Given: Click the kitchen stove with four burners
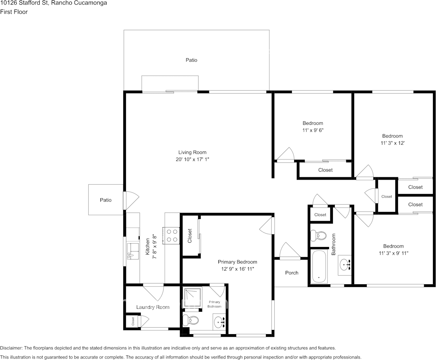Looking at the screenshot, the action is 171,236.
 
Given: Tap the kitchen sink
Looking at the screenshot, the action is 133,251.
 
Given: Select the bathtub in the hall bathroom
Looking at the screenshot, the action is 319,266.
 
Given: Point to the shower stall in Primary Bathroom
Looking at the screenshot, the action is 193,296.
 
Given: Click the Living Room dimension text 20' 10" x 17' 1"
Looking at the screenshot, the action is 192,159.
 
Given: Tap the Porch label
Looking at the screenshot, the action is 292,273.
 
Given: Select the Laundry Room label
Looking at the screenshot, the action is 153,307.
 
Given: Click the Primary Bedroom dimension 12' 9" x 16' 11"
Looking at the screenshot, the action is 237,269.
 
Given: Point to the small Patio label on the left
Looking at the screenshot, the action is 106,200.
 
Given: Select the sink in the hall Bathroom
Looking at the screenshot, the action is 345,265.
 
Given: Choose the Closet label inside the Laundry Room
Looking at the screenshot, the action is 133,322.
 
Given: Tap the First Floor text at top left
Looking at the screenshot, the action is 14,12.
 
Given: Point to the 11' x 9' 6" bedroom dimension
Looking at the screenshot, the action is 313,130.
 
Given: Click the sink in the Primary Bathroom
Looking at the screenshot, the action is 220,322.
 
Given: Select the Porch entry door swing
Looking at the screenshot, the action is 290,251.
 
